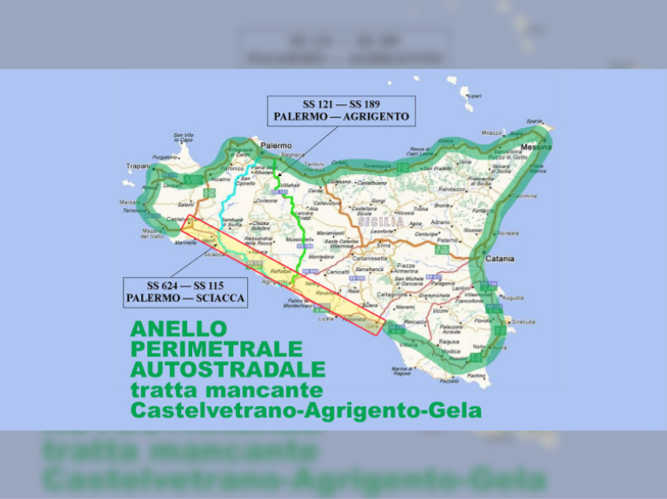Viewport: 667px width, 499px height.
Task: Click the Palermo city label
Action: click(x=276, y=146)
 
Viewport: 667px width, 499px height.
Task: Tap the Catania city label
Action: click(x=500, y=258)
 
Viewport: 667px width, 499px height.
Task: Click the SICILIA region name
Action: click(x=381, y=221)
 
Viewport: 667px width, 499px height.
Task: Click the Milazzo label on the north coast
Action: click(x=492, y=133)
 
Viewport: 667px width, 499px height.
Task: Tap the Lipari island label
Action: click(x=473, y=97)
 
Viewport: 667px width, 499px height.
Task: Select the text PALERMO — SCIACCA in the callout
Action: click(x=185, y=298)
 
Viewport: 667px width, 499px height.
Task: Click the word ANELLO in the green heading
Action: click(x=178, y=329)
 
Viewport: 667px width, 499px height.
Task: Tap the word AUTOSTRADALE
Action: click(x=227, y=369)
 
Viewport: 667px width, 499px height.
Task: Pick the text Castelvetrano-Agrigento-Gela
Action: click(x=306, y=411)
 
